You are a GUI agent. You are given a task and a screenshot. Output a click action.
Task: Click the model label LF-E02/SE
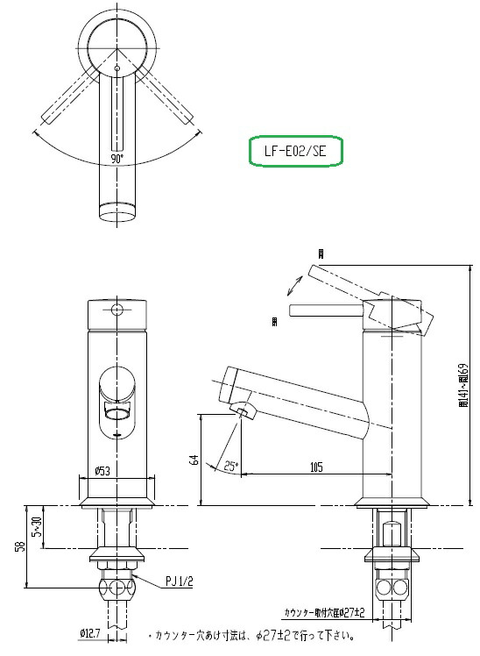click(296, 150)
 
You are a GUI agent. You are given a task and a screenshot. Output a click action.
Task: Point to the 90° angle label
click(116, 159)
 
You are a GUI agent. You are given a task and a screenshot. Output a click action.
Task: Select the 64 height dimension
click(194, 459)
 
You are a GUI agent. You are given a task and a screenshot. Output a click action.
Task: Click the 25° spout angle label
click(229, 466)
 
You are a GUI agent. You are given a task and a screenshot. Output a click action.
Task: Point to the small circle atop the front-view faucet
click(117, 310)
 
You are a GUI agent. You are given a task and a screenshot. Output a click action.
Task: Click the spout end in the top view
click(116, 210)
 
